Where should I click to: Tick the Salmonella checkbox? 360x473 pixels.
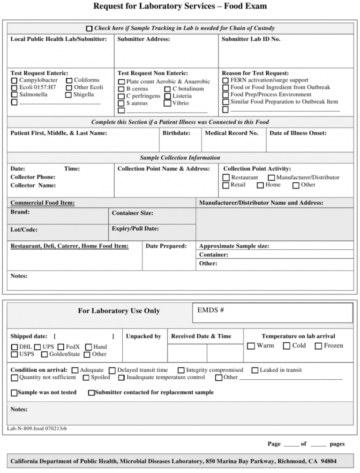tap(14, 95)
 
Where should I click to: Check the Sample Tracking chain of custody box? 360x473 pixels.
tap(90, 29)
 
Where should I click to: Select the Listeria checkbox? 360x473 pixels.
tap(167, 97)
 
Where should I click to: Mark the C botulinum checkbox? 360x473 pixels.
tap(167, 89)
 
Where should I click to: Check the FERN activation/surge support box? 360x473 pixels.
tap(225, 81)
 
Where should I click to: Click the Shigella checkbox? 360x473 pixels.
tap(69, 95)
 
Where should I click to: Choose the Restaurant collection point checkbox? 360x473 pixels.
tap(226, 178)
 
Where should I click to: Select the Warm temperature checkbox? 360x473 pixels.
tap(251, 346)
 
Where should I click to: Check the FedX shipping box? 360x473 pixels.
tap(61, 347)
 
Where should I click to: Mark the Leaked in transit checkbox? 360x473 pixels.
tap(255, 370)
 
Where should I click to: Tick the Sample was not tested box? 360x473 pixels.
tap(14, 393)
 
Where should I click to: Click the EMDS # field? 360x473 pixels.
tap(272, 313)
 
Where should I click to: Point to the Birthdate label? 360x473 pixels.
tap(176, 133)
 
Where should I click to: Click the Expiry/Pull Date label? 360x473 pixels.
tap(135, 229)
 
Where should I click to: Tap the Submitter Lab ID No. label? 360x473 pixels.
tap(251, 39)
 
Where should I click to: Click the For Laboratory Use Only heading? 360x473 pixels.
tap(119, 311)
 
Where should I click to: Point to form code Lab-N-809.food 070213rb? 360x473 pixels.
tap(37, 428)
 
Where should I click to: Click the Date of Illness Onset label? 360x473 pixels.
tap(298, 133)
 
